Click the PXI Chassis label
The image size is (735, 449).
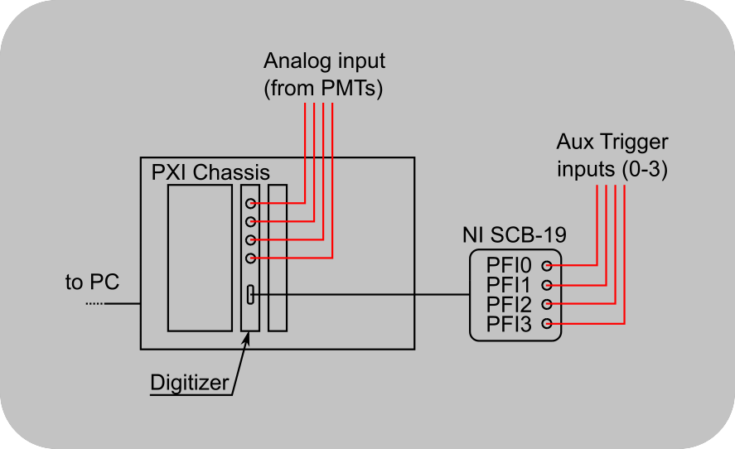[x=210, y=173]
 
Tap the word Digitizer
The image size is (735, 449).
[x=188, y=383]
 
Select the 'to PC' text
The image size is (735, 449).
[x=92, y=282]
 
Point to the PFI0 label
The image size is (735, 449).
[x=509, y=266]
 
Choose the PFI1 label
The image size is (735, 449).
[x=509, y=285]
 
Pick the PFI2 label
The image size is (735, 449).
[x=509, y=303]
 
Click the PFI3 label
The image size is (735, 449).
[x=509, y=322]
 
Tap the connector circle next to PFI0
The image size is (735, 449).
[x=546, y=266]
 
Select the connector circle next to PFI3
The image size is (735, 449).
[x=546, y=322]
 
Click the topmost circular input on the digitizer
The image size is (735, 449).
[x=250, y=203]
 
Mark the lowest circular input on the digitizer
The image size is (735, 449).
[x=250, y=258]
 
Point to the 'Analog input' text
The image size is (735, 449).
[x=325, y=61]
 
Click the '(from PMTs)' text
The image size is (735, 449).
[x=324, y=89]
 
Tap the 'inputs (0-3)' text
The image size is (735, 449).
[x=612, y=169]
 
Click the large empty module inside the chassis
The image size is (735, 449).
[x=200, y=258]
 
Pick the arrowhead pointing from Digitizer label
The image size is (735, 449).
[x=246, y=339]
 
